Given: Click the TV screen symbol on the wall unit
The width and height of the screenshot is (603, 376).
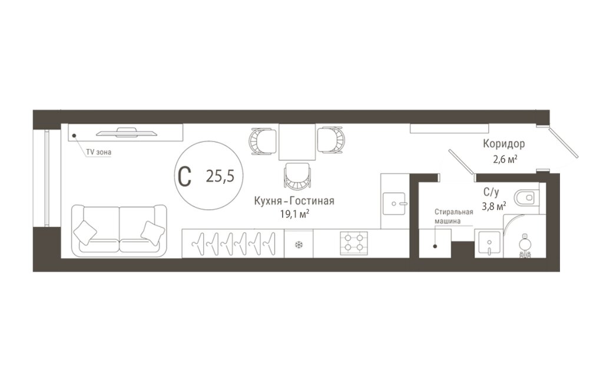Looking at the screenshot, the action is (x=127, y=133).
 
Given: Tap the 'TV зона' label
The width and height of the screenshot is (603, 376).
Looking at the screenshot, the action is (x=98, y=152).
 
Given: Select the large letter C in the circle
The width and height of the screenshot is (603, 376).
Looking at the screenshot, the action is (x=185, y=176).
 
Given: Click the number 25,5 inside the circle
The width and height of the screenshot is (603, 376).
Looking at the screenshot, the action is (x=220, y=176).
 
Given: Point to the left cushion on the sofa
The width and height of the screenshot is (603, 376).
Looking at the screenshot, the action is (x=85, y=232).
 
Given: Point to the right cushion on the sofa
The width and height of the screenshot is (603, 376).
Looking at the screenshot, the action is (x=153, y=233).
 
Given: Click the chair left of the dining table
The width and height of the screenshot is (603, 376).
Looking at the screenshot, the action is (x=263, y=141).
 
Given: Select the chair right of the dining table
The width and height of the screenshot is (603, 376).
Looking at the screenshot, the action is (x=331, y=140).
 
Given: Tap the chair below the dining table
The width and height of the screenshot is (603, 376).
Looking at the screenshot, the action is (x=297, y=176).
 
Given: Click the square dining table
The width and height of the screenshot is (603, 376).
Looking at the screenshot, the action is (x=297, y=141).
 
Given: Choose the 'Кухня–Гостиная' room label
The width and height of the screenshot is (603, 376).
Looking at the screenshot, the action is (x=294, y=201).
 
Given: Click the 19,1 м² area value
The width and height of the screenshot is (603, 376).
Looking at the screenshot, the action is (x=294, y=214).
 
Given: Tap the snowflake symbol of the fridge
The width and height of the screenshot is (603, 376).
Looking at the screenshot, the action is (x=299, y=245).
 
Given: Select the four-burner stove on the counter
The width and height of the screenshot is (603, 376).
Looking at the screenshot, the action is (x=354, y=243).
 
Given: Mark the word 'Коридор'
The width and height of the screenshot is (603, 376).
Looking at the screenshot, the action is (x=504, y=144).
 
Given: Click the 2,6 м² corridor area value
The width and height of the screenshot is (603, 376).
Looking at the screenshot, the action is (x=505, y=159).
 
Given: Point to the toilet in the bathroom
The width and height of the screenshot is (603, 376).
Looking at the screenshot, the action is (x=527, y=198).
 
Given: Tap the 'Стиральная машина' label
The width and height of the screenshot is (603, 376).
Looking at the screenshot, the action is (x=453, y=216).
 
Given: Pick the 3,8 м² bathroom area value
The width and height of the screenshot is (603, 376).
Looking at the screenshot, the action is (x=494, y=207).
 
